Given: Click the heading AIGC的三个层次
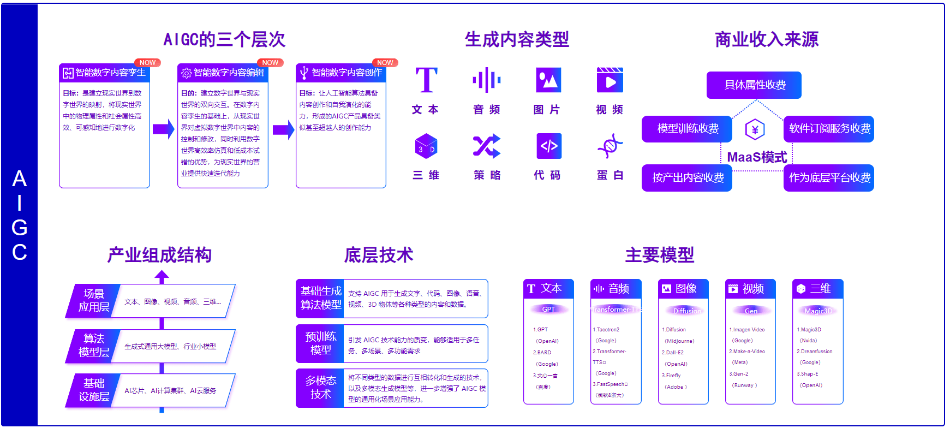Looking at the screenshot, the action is coord(224,39).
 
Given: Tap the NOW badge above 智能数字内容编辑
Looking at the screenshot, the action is coord(270,63).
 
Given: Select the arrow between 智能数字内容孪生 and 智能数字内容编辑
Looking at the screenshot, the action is coord(163,129).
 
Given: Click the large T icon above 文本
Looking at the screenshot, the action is coord(426,81).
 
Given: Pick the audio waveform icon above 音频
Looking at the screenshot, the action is coord(487,81).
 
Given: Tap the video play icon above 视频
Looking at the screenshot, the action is coord(610,81).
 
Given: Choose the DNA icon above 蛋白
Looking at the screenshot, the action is coord(610,146).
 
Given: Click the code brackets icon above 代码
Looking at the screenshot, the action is coord(548,146).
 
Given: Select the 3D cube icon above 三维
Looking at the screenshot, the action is coord(426,146).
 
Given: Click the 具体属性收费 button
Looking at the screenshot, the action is coord(754,85).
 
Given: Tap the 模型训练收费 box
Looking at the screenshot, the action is coord(687,129).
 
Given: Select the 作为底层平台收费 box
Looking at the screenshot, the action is coord(828,178).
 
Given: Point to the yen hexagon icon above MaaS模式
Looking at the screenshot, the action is coord(755,130).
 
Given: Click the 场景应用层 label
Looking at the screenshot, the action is coord(93,300).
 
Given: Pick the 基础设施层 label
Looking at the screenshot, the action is coord(93,390).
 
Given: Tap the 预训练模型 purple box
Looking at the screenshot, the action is coord(320,343).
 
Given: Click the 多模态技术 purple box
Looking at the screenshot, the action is coord(320,388).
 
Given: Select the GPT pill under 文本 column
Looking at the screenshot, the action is coord(548,310).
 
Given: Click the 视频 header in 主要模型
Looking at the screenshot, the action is coord(750,289).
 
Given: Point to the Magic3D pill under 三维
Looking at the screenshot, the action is coord(817,311).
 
